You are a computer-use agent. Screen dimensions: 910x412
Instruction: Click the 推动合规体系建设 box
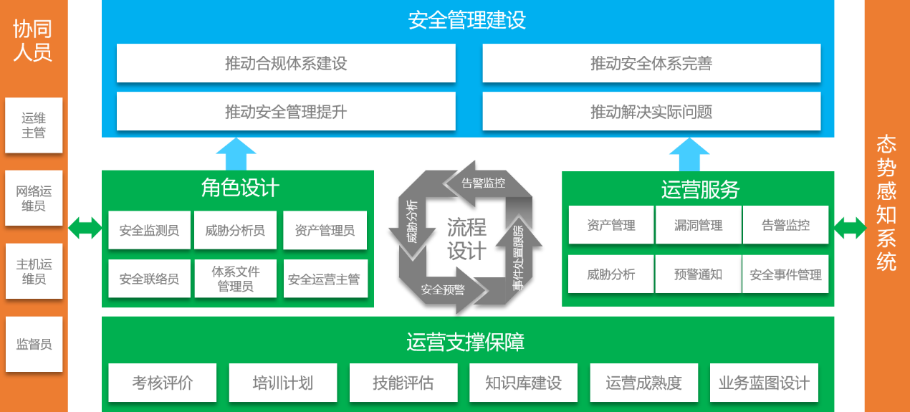[x=286, y=63]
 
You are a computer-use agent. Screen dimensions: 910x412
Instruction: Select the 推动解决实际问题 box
[x=651, y=111]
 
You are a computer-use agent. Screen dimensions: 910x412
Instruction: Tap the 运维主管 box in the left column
[x=34, y=125]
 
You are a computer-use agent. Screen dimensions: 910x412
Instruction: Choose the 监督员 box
[x=34, y=344]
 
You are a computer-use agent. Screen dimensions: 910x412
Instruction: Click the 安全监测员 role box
[x=149, y=230]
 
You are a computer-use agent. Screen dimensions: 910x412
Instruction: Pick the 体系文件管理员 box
[x=236, y=279]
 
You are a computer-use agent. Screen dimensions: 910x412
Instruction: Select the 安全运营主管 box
[x=325, y=279]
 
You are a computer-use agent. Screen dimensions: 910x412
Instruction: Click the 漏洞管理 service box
[x=699, y=225]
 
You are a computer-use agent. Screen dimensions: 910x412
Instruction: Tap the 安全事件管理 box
[x=785, y=274]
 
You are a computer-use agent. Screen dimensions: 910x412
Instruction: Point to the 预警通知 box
[x=699, y=274]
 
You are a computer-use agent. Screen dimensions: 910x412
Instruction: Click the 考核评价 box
[x=163, y=383]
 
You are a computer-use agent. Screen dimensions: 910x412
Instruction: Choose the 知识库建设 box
[x=523, y=383]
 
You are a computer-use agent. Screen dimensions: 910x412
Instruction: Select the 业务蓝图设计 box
[x=764, y=383]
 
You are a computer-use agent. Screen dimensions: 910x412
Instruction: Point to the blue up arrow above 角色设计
[x=236, y=154]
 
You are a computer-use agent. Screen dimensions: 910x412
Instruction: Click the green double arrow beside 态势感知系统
[x=850, y=228]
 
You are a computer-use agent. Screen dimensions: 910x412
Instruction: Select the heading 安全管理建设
[x=466, y=20]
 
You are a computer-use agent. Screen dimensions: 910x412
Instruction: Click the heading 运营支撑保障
[x=466, y=342]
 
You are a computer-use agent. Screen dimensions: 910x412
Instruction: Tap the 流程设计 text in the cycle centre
[x=466, y=239]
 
